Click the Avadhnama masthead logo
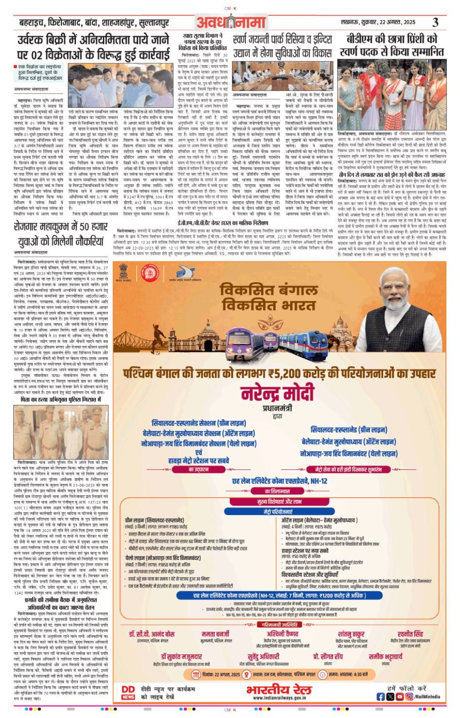[x=231, y=22]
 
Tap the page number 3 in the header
[x=435, y=22]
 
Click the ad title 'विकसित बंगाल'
[x=268, y=291]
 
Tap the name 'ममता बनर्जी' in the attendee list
[x=215, y=634]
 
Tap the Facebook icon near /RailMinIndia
[x=381, y=697]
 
